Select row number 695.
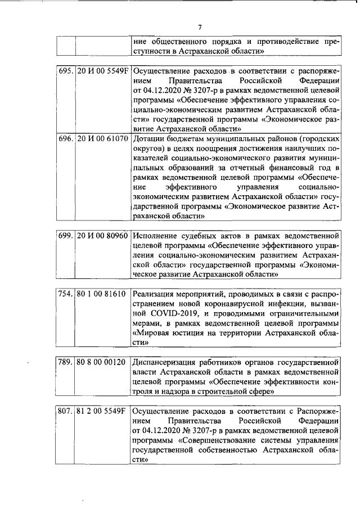[66, 72]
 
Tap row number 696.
[66, 138]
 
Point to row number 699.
[66, 235]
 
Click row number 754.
[66, 293]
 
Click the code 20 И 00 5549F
[102, 72]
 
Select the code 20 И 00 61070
[102, 138]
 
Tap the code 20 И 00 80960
[102, 235]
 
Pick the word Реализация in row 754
[156, 293]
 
